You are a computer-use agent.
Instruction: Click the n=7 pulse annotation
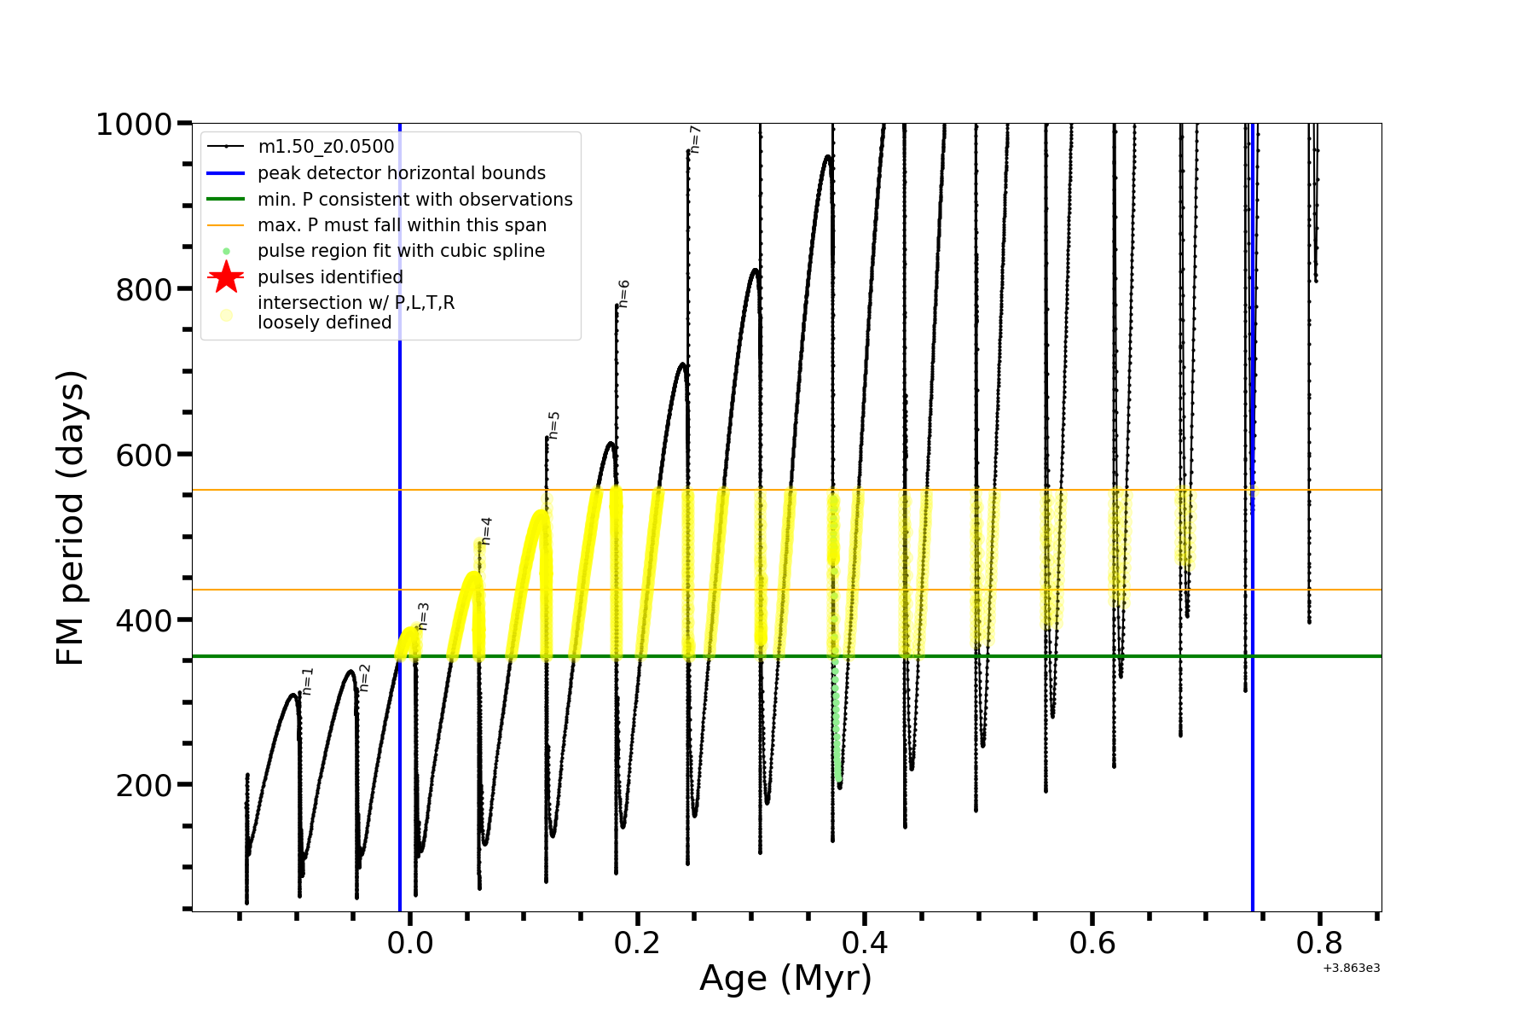695,139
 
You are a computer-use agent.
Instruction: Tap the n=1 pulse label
308,681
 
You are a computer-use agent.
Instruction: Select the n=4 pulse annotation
486,530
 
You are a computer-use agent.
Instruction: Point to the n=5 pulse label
553,425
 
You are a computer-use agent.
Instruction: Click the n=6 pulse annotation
623,293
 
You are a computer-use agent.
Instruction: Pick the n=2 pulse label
364,677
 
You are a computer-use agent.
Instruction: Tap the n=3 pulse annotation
423,615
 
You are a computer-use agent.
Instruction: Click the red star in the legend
226,277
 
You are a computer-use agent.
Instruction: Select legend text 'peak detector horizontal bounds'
401,173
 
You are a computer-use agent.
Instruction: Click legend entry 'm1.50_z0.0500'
326,147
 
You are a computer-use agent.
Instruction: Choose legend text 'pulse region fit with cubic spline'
401,251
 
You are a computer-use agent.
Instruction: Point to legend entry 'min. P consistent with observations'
414,199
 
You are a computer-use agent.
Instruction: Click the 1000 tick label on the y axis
134,125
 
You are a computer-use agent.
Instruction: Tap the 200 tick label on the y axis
143,785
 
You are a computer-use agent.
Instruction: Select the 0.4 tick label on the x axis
865,943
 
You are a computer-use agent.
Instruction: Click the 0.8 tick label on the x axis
1319,943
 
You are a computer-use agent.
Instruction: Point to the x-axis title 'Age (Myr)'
785,979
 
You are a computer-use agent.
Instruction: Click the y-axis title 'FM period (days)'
71,518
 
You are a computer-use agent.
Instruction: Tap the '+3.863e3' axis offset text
1351,968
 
